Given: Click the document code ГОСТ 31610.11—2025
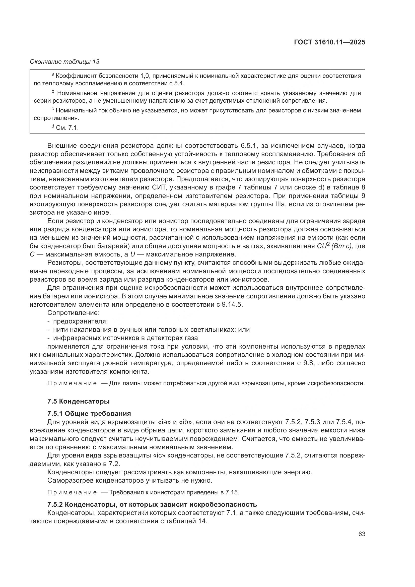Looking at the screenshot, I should [329, 42].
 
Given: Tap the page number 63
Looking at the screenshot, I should [362, 534].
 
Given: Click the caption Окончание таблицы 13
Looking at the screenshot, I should [64, 62].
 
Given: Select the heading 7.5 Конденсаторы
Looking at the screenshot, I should [79, 401].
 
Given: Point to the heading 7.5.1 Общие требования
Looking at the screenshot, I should [89, 414].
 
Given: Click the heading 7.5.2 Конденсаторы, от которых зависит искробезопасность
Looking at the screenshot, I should [152, 504].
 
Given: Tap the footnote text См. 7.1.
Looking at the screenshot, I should [67, 128].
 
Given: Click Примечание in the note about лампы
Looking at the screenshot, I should [72, 383].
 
